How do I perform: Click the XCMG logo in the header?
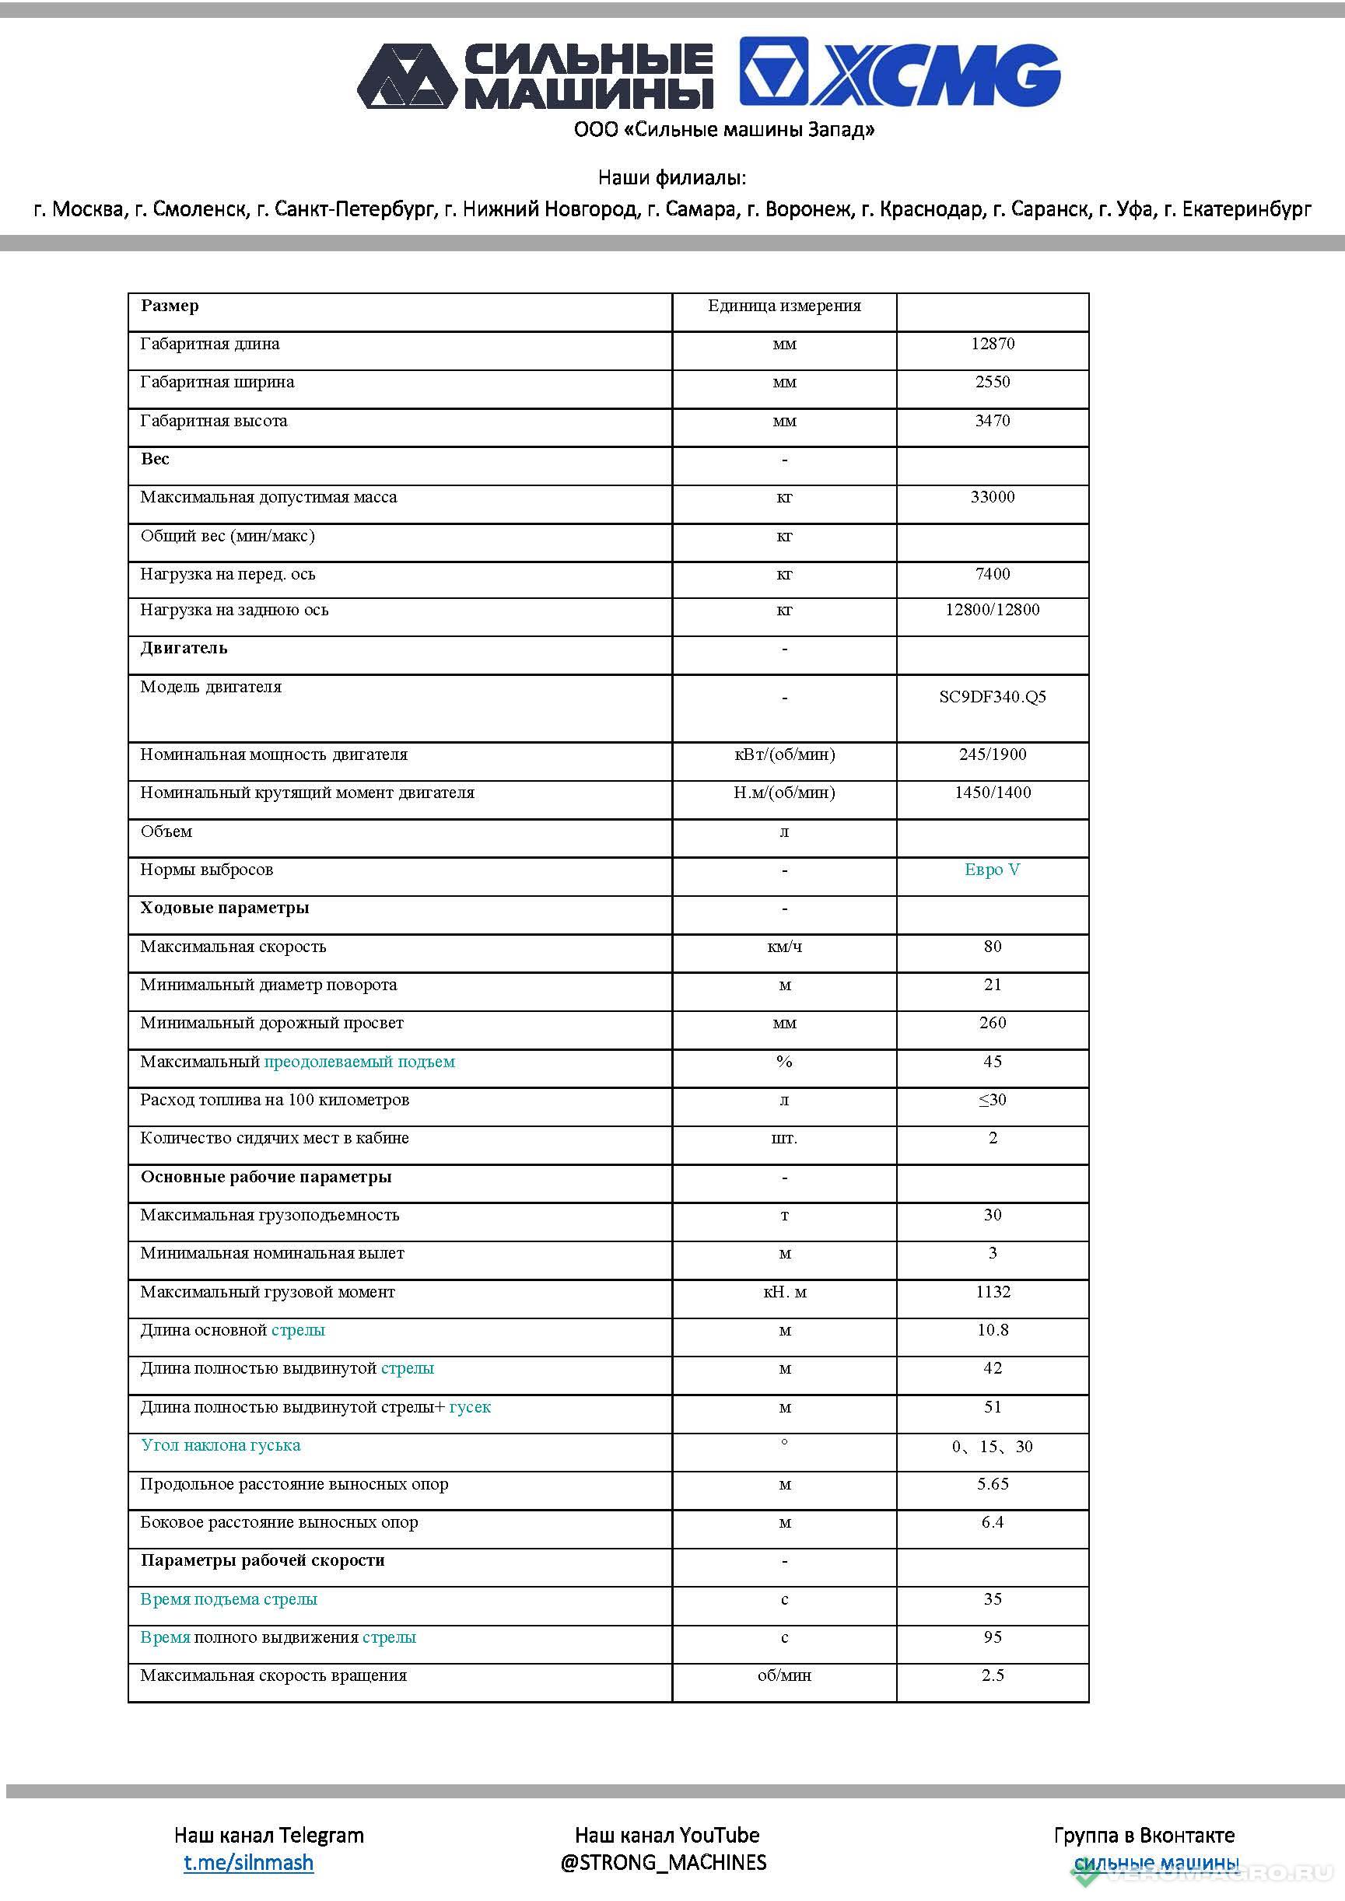(899, 72)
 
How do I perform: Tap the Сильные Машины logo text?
(589, 76)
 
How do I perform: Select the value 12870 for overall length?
(992, 344)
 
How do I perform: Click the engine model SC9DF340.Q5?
(992, 696)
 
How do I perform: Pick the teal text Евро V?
(992, 870)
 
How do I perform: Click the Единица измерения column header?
(783, 306)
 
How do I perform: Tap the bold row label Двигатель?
(183, 647)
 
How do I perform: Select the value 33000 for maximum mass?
(992, 497)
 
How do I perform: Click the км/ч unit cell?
(784, 947)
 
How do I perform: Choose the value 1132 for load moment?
(992, 1292)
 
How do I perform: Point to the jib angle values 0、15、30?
(992, 1447)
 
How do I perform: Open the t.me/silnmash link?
(248, 1862)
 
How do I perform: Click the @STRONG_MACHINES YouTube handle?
(664, 1862)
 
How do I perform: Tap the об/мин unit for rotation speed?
(784, 1675)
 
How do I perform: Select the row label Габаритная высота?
(214, 421)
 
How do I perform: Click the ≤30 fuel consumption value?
(992, 1100)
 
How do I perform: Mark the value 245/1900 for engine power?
(992, 754)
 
